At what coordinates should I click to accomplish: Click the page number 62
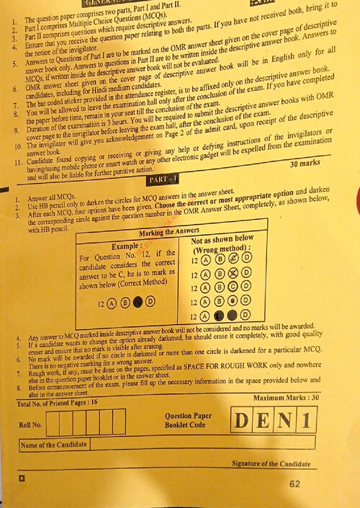click(294, 484)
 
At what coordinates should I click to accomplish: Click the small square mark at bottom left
click(22, 477)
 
